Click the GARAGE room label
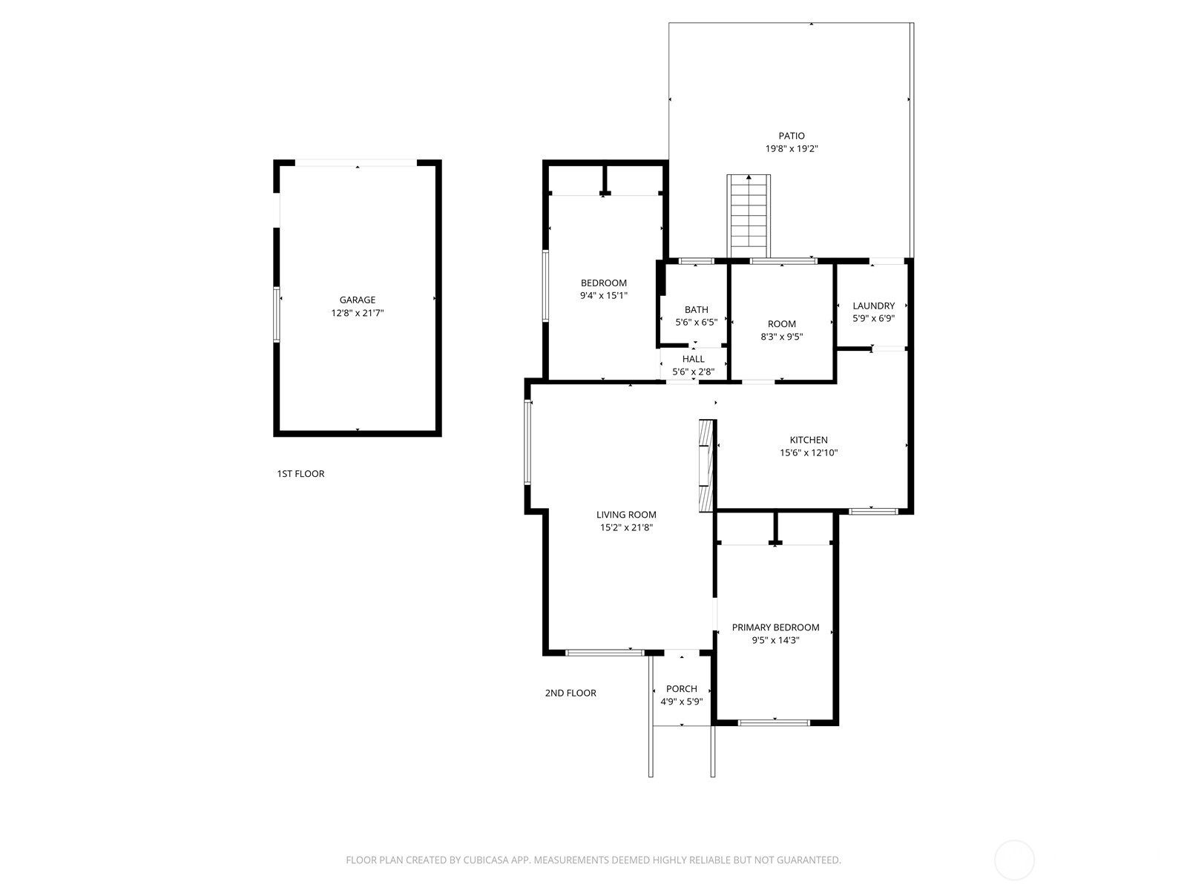click(357, 300)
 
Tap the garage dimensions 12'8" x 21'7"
click(357, 313)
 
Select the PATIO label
click(791, 136)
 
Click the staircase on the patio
click(749, 215)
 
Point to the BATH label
click(696, 310)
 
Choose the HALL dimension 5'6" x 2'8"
click(693, 372)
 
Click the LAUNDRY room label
click(873, 306)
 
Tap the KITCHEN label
click(808, 440)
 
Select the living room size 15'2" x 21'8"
click(626, 527)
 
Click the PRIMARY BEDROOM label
click(775, 627)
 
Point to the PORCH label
click(681, 689)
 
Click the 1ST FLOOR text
click(300, 474)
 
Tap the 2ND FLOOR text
click(571, 693)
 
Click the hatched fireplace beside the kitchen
click(706, 465)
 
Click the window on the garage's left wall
click(277, 314)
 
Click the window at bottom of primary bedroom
click(775, 722)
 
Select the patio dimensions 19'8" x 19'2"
click(791, 148)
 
